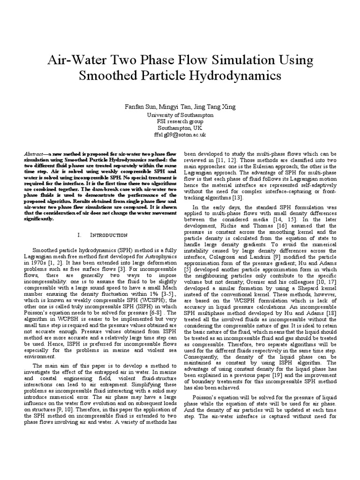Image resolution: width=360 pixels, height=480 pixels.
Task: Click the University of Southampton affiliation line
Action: tap(180, 115)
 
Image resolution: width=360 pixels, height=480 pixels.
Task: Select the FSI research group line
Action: tap(180, 121)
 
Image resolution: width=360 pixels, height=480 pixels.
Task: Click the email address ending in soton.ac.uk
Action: tap(180, 135)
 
